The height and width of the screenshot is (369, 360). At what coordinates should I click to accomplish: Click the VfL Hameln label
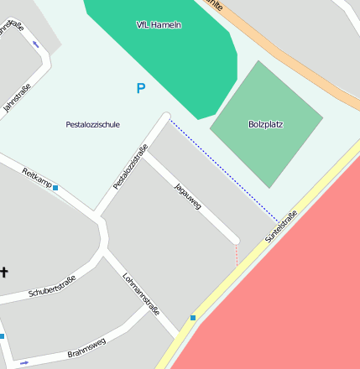tap(159, 25)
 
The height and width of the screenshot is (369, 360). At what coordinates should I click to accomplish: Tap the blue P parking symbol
tap(140, 88)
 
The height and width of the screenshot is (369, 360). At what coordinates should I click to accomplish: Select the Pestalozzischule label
tap(92, 124)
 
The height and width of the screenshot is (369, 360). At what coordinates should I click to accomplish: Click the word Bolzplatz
tap(265, 124)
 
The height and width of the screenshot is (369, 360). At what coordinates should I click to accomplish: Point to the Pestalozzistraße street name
tap(130, 167)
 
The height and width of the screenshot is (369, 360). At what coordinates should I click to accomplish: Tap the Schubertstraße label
tap(52, 287)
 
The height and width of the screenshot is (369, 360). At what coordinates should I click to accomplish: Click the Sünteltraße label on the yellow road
tap(282, 226)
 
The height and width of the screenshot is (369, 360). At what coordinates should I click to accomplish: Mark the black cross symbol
tap(4, 272)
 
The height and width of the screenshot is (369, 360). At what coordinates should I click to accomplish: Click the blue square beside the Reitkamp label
tap(55, 188)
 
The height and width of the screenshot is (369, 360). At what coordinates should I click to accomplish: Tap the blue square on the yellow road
tap(193, 318)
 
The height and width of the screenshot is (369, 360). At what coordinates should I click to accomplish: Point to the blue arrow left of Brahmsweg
tap(23, 362)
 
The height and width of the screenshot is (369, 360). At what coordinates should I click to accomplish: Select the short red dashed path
tap(237, 256)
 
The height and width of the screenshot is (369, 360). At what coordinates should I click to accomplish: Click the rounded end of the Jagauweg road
tap(235, 241)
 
